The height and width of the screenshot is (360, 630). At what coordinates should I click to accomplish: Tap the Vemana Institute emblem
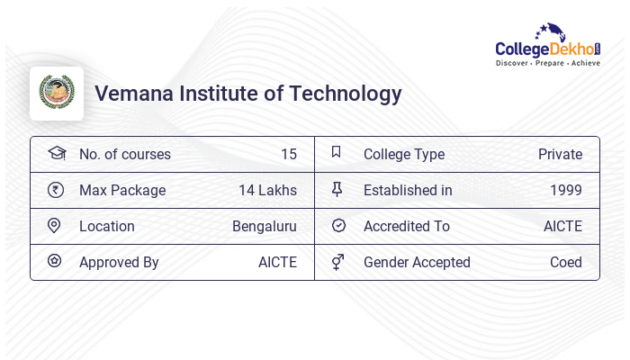(57, 93)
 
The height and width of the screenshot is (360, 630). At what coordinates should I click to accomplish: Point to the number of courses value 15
(288, 154)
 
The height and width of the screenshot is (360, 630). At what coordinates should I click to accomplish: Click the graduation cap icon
(56, 153)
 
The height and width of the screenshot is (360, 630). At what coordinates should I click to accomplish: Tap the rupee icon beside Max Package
(55, 190)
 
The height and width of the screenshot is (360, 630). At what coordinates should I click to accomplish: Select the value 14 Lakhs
(267, 190)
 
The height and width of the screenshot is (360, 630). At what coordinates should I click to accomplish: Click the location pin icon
(54, 226)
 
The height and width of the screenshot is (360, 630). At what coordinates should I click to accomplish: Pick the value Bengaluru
(265, 226)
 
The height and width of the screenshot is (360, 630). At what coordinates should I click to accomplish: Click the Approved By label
(119, 262)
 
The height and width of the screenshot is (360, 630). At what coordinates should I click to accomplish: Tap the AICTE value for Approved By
(277, 262)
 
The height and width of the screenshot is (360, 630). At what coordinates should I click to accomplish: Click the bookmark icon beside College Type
(337, 152)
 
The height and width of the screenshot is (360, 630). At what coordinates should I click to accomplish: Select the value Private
(560, 154)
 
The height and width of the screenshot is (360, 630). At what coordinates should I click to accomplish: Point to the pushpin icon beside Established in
(337, 189)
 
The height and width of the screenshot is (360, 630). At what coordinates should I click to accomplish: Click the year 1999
(566, 190)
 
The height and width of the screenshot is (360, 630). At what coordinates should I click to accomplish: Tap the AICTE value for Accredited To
(562, 226)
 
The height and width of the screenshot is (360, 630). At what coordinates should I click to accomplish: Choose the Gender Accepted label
(417, 262)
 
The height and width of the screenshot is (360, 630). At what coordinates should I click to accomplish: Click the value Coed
(566, 262)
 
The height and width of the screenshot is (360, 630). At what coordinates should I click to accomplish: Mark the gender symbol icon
(337, 262)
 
